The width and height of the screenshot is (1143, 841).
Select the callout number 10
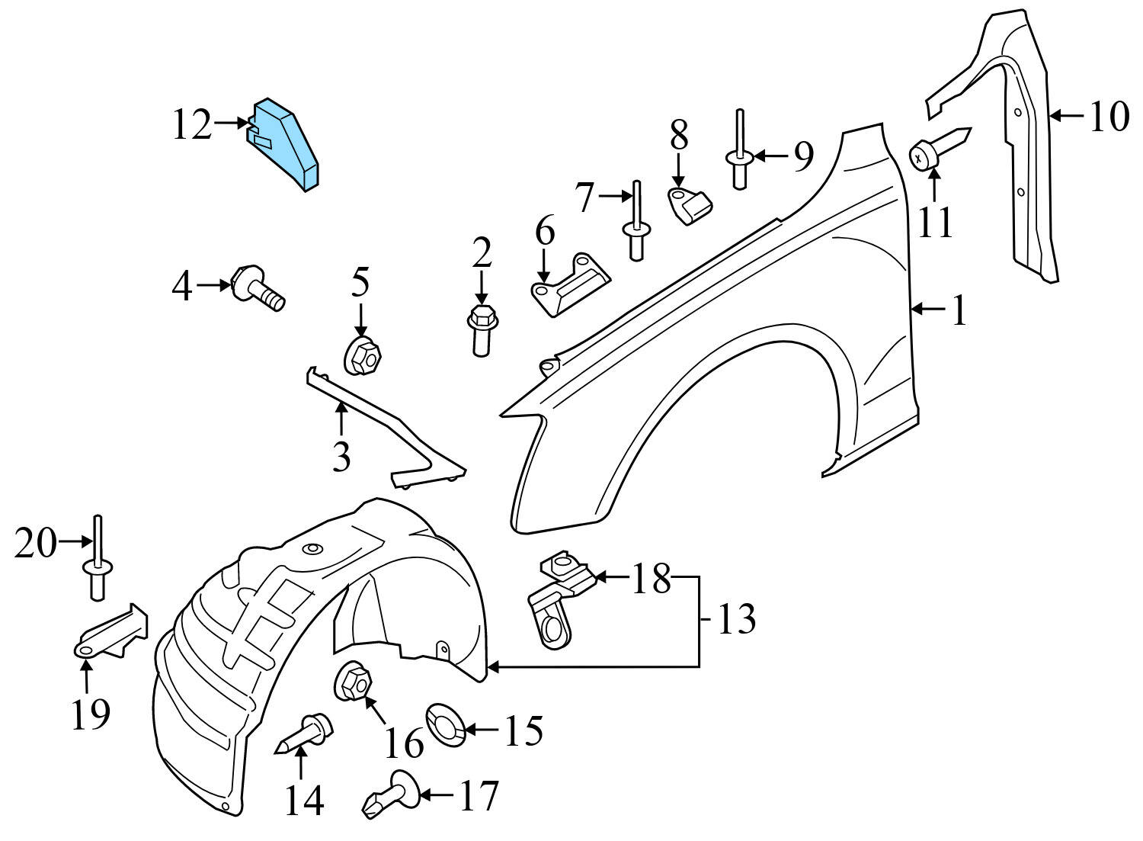tap(1108, 117)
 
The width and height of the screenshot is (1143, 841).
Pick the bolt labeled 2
tap(481, 329)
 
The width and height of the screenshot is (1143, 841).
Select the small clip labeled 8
tap(691, 202)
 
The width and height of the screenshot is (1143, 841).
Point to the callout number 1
tap(957, 311)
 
